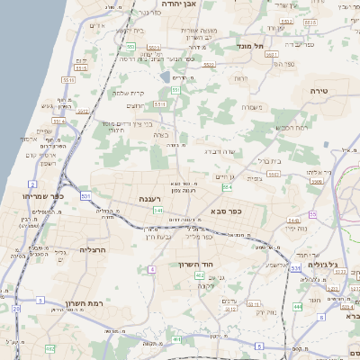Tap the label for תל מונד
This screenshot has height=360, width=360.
tap(249, 44)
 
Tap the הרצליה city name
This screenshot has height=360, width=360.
tap(94, 249)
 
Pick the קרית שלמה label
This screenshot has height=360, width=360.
tap(129, 93)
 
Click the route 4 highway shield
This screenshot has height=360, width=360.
tap(153, 268)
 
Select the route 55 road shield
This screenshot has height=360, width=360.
tap(312, 213)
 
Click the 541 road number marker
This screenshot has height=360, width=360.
tap(157, 211)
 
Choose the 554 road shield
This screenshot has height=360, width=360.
tap(228, 187)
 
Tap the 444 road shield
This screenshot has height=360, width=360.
tap(297, 307)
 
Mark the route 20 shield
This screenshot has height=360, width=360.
tap(16, 310)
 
